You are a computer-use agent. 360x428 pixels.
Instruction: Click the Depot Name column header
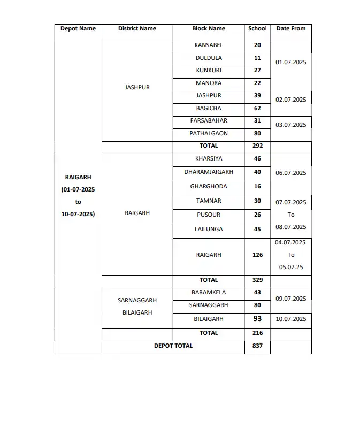pyautogui.click(x=78, y=29)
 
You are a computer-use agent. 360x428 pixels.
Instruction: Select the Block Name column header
pyautogui.click(x=209, y=29)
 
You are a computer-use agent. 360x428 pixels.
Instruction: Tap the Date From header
pyautogui.click(x=291, y=29)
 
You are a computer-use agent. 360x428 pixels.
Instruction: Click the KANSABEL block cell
pyautogui.click(x=209, y=45)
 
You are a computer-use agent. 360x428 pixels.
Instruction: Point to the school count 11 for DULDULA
pyautogui.click(x=257, y=58)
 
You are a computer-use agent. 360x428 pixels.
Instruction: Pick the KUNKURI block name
pyautogui.click(x=209, y=71)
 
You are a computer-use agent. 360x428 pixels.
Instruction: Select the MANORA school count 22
pyautogui.click(x=257, y=83)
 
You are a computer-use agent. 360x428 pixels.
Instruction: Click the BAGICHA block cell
pyautogui.click(x=209, y=108)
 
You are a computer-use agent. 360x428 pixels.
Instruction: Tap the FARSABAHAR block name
pyautogui.click(x=209, y=121)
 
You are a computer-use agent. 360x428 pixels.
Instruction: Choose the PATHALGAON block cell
pyautogui.click(x=209, y=134)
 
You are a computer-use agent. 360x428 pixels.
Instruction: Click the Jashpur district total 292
pyautogui.click(x=257, y=146)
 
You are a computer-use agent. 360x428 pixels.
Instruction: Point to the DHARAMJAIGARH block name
pyautogui.click(x=209, y=172)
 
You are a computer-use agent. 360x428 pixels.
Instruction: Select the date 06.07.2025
pyautogui.click(x=291, y=173)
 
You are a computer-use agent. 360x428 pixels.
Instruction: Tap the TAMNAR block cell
pyautogui.click(x=209, y=201)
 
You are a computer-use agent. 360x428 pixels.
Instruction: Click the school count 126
pyautogui.click(x=257, y=255)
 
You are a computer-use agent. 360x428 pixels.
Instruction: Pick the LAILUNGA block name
pyautogui.click(x=209, y=230)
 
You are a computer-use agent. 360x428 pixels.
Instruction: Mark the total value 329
pyautogui.click(x=257, y=280)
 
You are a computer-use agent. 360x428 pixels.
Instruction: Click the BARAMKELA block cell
pyautogui.click(x=209, y=293)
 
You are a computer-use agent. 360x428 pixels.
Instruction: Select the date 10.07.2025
pyautogui.click(x=291, y=319)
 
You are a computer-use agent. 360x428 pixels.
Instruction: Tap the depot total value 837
pyautogui.click(x=257, y=346)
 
